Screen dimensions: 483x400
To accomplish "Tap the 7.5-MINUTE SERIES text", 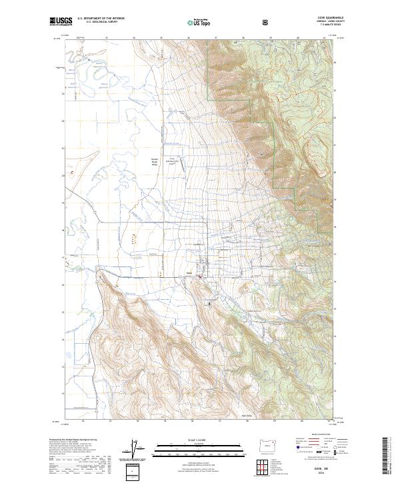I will (x=313, y=26).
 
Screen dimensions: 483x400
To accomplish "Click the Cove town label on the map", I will (x=189, y=272).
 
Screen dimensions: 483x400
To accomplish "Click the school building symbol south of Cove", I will (x=209, y=304).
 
